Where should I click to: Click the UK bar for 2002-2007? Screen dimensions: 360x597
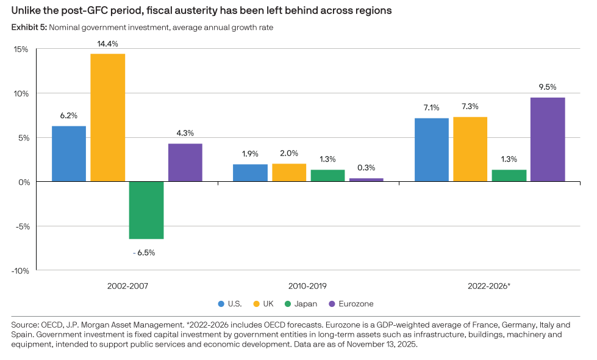108,117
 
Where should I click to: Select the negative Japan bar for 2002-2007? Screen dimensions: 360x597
146,210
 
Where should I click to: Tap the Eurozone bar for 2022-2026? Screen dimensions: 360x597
547,139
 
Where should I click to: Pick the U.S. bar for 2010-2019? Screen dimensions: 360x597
250,173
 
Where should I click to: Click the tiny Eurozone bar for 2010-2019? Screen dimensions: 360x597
366,179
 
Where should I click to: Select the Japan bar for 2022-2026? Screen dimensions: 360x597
509,176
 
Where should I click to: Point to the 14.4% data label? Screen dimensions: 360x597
107,44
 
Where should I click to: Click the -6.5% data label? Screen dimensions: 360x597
144,252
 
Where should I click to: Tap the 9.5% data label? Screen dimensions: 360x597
547,87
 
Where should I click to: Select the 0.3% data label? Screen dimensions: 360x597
366,168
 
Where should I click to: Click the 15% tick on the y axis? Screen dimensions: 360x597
20,49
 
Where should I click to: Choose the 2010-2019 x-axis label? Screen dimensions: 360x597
309,285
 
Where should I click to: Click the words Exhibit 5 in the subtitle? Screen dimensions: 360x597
29,27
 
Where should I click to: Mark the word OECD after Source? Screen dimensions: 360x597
51,326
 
